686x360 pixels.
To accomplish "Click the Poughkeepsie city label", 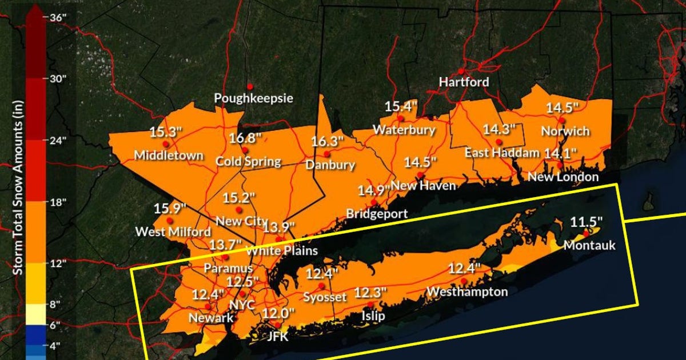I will [x=253, y=98].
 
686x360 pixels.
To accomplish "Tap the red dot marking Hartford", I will [x=461, y=71].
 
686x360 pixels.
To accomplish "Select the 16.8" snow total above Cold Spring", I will [x=246, y=138].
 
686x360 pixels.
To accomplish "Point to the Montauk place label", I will [x=589, y=246].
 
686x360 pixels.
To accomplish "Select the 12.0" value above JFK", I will [x=278, y=313].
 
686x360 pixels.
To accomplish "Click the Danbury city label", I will [x=330, y=165].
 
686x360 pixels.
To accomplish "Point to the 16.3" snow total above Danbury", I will [x=328, y=142].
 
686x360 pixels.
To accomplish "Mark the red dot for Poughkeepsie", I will [x=250, y=86].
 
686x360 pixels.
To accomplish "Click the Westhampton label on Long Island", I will [x=467, y=292].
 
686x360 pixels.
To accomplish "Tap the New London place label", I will [x=563, y=177].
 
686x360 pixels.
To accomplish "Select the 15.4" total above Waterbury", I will [x=401, y=106].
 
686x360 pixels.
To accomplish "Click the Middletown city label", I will [x=169, y=155].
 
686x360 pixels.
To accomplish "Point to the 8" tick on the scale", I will [x=56, y=305].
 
